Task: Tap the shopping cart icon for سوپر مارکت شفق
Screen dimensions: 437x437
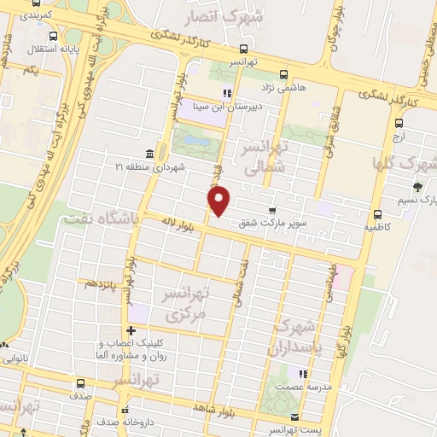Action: [x=272, y=211]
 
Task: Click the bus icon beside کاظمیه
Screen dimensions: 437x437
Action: [x=377, y=214]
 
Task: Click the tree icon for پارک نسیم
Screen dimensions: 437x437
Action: [x=417, y=187]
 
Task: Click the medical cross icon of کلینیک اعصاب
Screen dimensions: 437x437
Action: [x=131, y=330]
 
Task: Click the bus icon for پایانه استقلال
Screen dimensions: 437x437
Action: [x=54, y=36]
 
